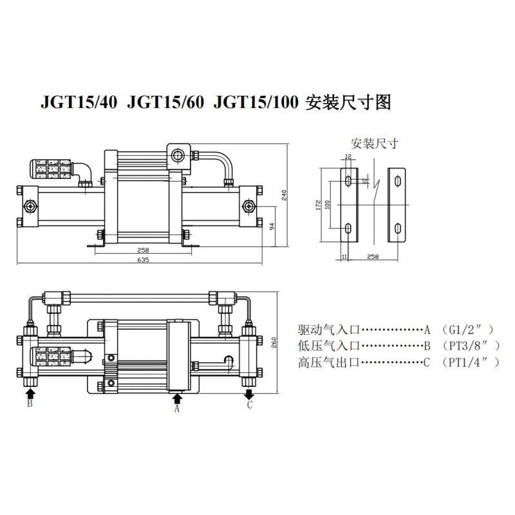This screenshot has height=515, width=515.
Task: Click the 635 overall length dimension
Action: click(143, 260)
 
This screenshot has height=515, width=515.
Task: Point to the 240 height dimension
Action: click(284, 195)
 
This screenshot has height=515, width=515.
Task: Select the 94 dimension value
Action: click(272, 227)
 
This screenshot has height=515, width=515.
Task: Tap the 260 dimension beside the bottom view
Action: click(274, 342)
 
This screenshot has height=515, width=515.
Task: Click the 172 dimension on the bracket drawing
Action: click(318, 205)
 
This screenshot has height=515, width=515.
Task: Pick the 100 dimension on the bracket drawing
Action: click(327, 205)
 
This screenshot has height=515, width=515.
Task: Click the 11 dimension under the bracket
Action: click(344, 256)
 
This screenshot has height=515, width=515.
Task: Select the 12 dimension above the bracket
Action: click(348, 156)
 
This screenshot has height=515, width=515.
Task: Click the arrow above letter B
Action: click(30, 393)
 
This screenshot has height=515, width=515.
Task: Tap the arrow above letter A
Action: click(178, 398)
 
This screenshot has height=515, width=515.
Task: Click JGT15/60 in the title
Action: click(165, 102)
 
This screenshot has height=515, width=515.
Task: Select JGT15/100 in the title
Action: click(256, 102)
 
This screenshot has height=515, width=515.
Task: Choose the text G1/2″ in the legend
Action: click(468, 330)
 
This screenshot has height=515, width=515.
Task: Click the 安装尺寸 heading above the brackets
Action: click(375, 144)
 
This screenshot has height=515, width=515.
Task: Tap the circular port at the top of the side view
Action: click(178, 155)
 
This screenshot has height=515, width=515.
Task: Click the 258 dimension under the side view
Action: click(143, 250)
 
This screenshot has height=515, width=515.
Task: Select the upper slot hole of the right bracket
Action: click(398, 181)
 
